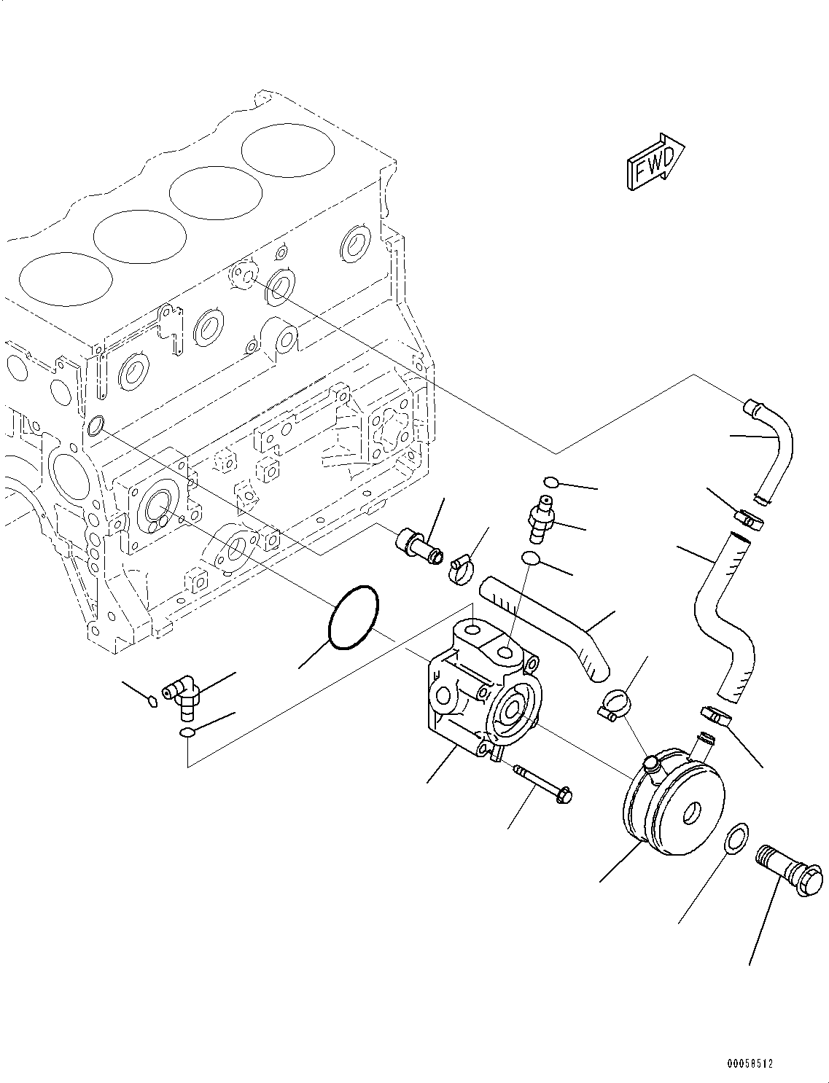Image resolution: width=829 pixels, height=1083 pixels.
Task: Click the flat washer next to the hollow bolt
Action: tap(736, 837)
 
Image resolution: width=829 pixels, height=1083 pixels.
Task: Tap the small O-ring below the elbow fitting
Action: tap(187, 732)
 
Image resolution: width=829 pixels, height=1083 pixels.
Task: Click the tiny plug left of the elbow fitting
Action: tap(152, 701)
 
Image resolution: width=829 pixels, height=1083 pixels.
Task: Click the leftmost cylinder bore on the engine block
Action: tap(66, 282)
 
